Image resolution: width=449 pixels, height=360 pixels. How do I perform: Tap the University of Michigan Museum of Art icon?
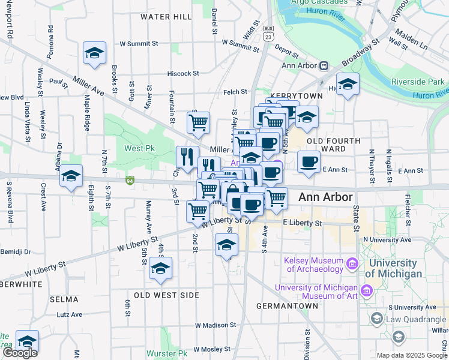click(x=367, y=291)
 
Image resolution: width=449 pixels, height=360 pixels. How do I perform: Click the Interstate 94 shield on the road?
click(x=130, y=179)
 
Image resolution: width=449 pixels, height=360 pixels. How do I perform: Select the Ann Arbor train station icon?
click(x=324, y=65)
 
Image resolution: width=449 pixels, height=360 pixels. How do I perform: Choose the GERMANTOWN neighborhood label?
click(x=287, y=306)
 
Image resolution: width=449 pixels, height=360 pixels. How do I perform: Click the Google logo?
click(x=20, y=353)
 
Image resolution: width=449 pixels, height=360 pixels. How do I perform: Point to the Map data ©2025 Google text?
click(x=412, y=355)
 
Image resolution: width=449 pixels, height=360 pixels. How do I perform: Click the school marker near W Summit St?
click(x=94, y=53)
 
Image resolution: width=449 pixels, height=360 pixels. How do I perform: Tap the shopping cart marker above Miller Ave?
click(x=198, y=122)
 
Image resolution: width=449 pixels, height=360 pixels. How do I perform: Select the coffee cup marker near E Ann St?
click(x=309, y=162)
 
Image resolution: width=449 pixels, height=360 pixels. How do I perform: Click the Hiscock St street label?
click(x=183, y=73)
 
